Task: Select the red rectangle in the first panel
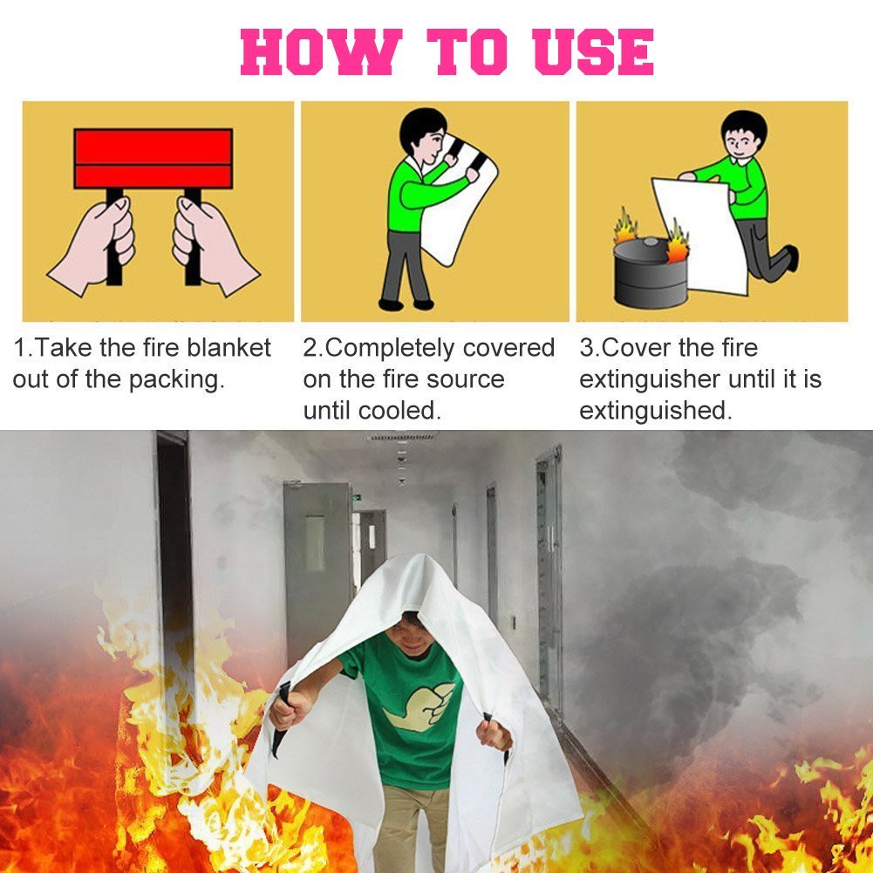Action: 153,158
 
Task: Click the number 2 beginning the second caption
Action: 310,349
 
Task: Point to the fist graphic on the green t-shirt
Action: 420,705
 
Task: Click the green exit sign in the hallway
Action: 358,498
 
